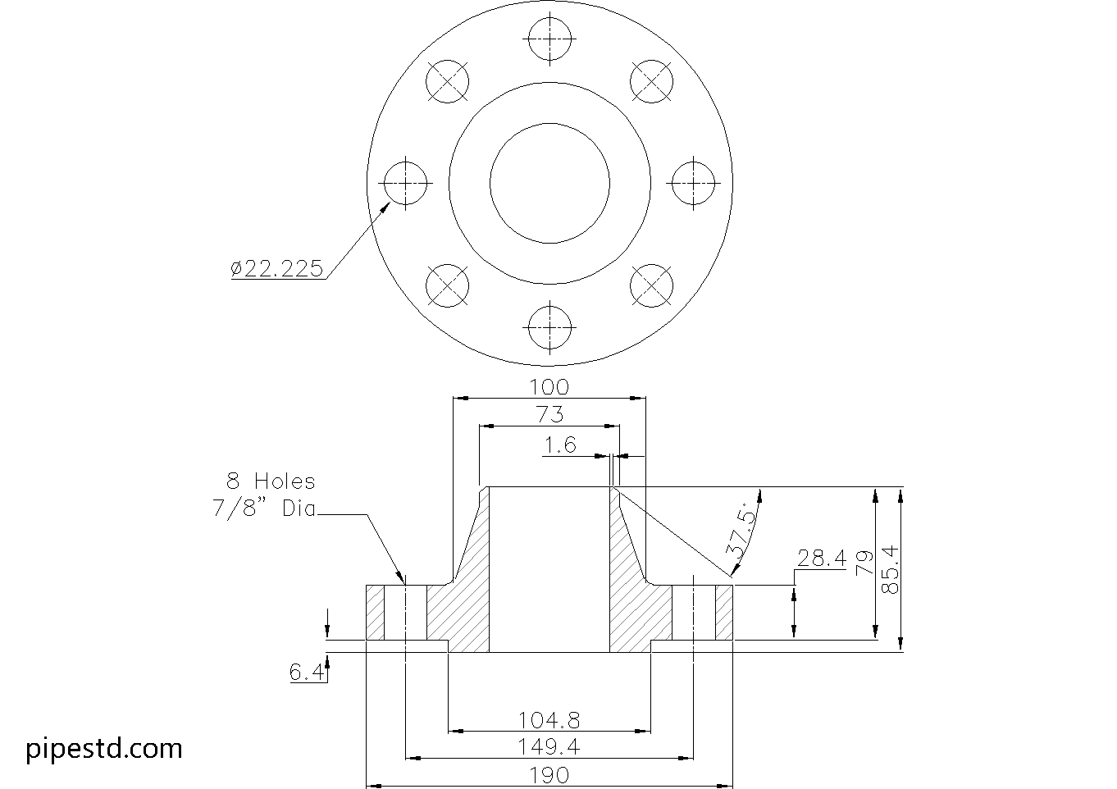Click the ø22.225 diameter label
click(277, 268)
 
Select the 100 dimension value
click(549, 387)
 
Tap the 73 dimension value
click(549, 415)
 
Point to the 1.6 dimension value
click(560, 445)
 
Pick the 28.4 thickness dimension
click(821, 559)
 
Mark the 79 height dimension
click(864, 563)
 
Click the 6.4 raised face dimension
click(307, 673)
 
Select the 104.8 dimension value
click(549, 720)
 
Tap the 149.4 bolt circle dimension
click(549, 746)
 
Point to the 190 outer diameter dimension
click(549, 774)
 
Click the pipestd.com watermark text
click(104, 748)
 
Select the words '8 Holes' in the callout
click(271, 481)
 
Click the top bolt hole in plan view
click(549, 39)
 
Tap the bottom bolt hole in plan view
click(549, 326)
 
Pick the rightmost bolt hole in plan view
click(694, 182)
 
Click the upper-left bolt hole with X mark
click(448, 80)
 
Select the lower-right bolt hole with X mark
click(651, 285)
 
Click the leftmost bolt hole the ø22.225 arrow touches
click(406, 182)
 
